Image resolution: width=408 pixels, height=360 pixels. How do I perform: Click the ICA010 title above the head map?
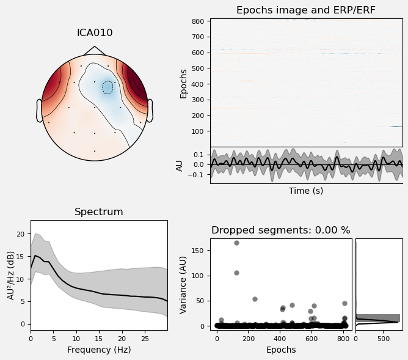click(x=95, y=33)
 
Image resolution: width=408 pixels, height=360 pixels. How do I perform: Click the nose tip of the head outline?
click(x=95, y=47)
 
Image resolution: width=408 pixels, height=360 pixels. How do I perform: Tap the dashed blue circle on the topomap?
click(x=107, y=87)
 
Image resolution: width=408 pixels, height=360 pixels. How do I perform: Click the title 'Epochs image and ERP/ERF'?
click(x=306, y=10)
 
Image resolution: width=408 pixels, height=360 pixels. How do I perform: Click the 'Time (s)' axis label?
click(x=306, y=191)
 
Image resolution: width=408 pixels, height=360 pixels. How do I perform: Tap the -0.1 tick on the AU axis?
click(x=199, y=175)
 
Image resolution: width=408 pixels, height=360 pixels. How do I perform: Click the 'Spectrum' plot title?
click(x=99, y=212)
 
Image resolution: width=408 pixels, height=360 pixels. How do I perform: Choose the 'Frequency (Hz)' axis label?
click(x=99, y=350)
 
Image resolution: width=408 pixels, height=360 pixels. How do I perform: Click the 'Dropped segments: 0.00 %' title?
click(x=281, y=230)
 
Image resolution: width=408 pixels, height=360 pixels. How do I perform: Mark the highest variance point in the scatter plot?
click(x=236, y=243)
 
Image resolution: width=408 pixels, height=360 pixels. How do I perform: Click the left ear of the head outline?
click(x=39, y=111)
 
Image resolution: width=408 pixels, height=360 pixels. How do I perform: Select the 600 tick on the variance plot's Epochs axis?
click(x=311, y=337)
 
